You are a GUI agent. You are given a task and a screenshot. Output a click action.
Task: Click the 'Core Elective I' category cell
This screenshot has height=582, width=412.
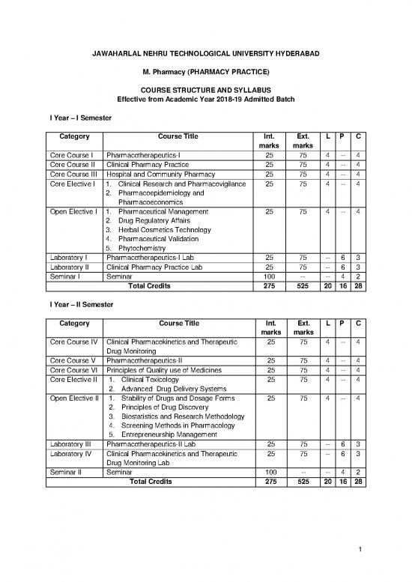[x=72, y=184]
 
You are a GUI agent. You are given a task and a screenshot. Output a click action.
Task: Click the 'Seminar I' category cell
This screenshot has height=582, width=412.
[x=66, y=276]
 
